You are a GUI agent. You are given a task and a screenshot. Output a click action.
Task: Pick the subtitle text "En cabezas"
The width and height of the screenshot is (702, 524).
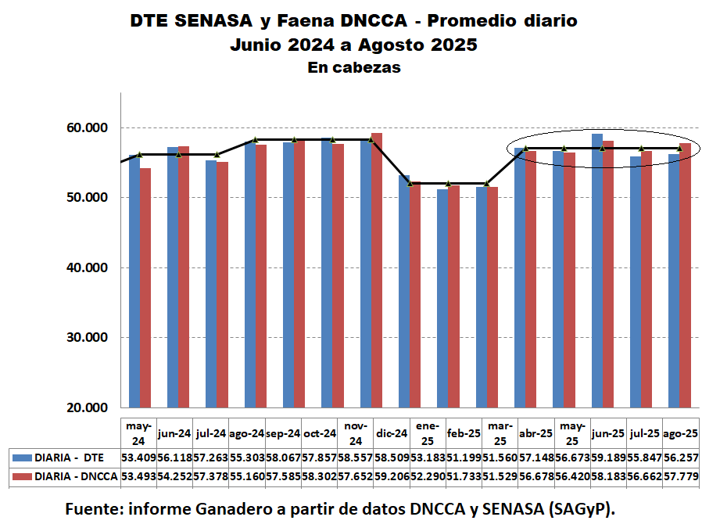[354, 68]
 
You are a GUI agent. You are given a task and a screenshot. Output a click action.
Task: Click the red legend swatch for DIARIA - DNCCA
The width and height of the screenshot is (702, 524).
[20, 476]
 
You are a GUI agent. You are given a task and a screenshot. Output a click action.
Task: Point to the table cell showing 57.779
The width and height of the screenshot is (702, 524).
[680, 476]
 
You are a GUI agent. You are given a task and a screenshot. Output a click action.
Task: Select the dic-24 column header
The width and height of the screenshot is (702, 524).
[391, 432]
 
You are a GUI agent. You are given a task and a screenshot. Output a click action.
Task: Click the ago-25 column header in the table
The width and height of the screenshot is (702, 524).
[680, 432]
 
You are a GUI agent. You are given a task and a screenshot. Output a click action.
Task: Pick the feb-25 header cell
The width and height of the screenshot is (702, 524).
[464, 432]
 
